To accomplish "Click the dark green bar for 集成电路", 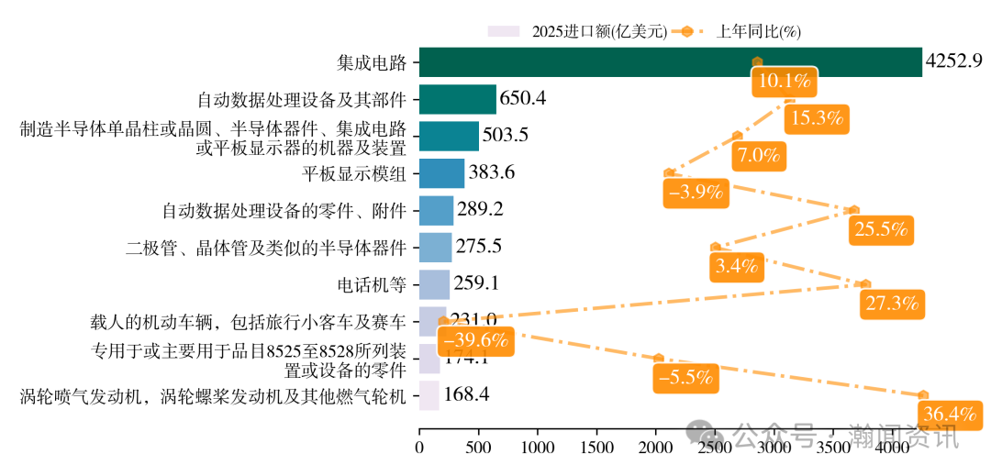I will click(x=670, y=62).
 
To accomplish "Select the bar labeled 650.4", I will click(x=457, y=99).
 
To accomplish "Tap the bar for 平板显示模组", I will click(x=441, y=172).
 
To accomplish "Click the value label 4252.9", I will click(x=954, y=61).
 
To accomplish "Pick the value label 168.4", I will click(x=466, y=394).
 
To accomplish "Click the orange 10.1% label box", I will click(x=783, y=82).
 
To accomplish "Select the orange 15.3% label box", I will click(x=816, y=118).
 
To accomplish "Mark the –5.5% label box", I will click(x=685, y=377).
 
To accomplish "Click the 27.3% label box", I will click(x=892, y=304).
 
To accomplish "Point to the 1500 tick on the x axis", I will click(x=596, y=448).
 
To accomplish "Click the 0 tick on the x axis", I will click(x=419, y=448).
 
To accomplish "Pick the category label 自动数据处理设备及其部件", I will click(x=302, y=99).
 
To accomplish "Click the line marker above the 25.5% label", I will click(x=854, y=210).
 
